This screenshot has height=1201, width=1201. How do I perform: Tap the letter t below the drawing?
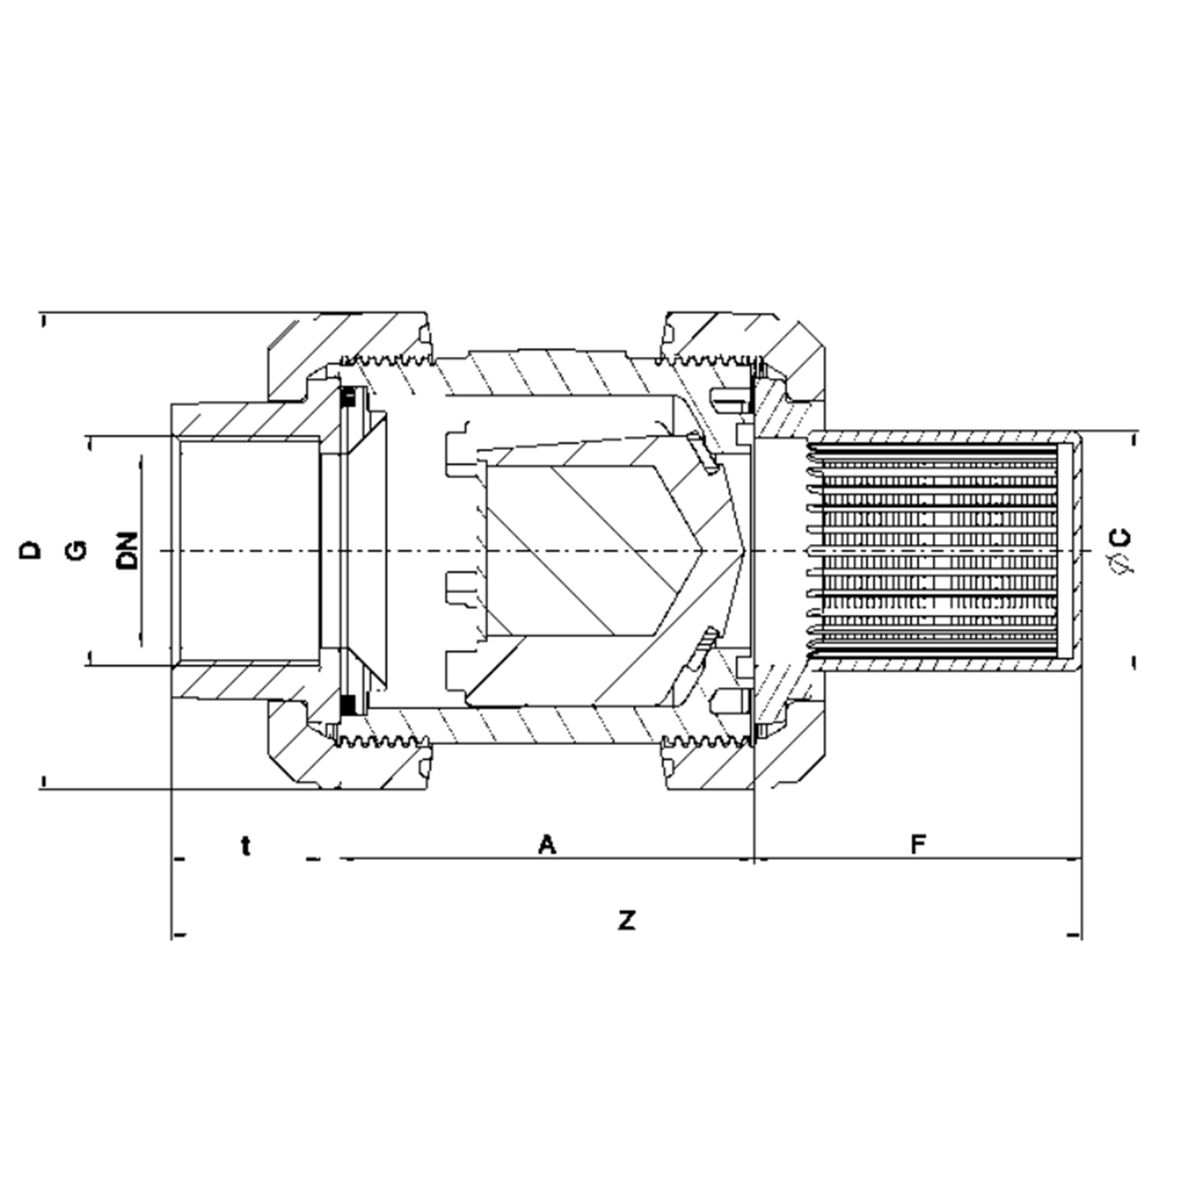tap(246, 845)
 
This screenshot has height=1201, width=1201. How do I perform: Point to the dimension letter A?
tap(548, 844)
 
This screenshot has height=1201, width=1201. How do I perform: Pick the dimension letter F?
tap(918, 844)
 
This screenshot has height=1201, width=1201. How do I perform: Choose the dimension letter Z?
tap(626, 920)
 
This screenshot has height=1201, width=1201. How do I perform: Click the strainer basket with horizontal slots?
tap(932, 551)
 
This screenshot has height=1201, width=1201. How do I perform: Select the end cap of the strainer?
tap(1070, 551)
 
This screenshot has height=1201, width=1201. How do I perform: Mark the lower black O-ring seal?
tap(348, 703)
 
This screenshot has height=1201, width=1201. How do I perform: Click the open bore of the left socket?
tap(246, 551)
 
